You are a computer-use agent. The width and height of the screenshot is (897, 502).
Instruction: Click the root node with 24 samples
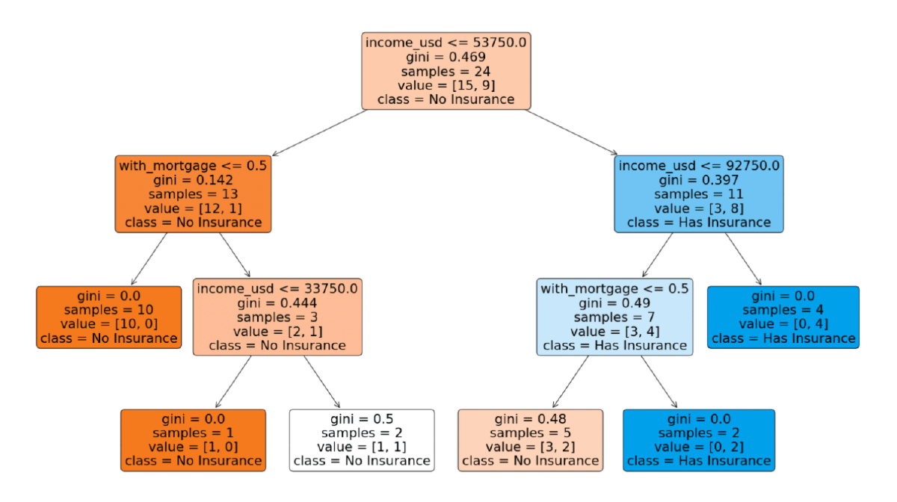pos(446,71)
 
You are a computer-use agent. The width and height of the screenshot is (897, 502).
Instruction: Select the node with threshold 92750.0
pos(699,193)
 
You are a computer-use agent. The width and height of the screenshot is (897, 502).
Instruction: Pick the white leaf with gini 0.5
pos(362,440)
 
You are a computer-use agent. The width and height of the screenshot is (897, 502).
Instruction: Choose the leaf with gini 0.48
pos(530,440)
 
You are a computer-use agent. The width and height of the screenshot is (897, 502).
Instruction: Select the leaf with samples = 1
pos(193,440)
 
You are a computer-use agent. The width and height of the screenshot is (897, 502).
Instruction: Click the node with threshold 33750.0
pos(277,317)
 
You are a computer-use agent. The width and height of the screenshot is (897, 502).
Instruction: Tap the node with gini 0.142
pos(193,193)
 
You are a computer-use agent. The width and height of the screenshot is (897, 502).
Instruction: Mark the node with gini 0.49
pos(614,317)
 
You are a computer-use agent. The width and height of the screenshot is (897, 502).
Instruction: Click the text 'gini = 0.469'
pos(446,57)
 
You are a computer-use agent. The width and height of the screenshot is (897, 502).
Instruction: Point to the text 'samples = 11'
pos(699,194)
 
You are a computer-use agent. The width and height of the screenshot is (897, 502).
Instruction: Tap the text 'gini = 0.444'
pos(277,303)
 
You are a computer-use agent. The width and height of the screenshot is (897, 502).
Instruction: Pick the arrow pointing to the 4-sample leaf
pos(743,258)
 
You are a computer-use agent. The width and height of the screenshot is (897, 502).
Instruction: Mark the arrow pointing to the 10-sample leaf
pos(149,258)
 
